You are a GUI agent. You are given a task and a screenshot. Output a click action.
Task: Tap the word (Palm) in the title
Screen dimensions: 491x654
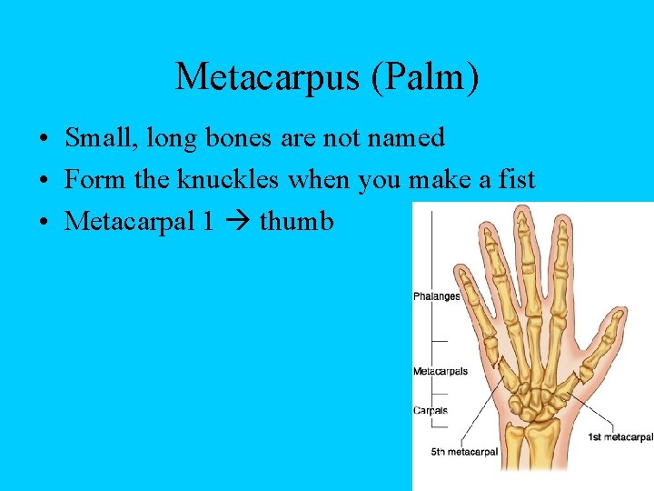tap(423, 77)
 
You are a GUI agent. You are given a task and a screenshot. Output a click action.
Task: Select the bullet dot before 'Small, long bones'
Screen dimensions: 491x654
tap(44, 140)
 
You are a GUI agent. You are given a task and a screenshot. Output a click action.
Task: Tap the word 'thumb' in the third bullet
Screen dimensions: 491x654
tap(296, 221)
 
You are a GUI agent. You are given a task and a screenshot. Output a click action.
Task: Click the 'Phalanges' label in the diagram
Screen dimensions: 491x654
tap(436, 296)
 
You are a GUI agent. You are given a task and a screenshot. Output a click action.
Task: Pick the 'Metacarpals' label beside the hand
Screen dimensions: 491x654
tap(441, 371)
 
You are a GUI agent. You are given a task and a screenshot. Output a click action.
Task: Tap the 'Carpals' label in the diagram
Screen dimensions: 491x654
tap(431, 410)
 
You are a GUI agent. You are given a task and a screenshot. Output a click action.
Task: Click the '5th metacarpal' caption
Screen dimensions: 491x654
tap(464, 452)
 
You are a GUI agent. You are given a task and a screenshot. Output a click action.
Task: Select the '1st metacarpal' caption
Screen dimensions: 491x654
tap(619, 437)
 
